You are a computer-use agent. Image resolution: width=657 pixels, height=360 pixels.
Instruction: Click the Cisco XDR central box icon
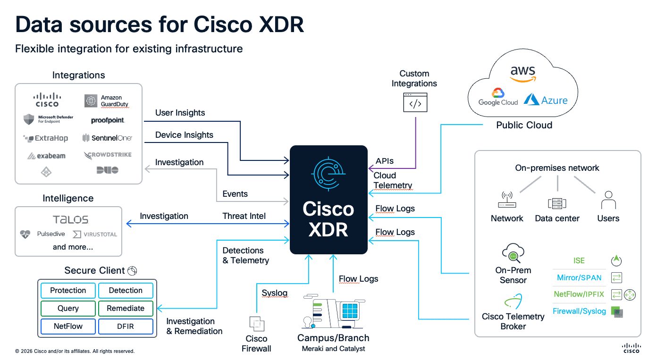pos(328,175)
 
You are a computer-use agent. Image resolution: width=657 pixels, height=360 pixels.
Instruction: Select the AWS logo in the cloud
pos(522,74)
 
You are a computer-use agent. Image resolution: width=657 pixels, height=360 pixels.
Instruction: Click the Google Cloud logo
pos(498,97)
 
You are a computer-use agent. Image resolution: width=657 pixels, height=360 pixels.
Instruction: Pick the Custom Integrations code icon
pos(415,102)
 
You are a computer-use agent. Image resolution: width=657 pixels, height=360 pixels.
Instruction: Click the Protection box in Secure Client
pos(68,291)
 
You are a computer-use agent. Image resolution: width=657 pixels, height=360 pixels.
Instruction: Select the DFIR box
pos(126,327)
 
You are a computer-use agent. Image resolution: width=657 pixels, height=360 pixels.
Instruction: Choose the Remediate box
pos(126,309)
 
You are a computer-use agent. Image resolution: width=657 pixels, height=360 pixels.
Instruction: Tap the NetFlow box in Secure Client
pos(68,327)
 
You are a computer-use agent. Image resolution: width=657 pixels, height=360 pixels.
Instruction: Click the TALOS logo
pos(70,219)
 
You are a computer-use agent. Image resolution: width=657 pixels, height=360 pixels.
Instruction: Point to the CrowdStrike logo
pos(108,155)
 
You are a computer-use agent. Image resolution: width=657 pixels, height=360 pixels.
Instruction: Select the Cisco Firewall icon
pos(257,324)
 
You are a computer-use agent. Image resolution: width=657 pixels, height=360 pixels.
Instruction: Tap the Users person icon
pos(608,201)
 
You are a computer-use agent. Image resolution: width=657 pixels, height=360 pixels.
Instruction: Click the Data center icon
pos(556,203)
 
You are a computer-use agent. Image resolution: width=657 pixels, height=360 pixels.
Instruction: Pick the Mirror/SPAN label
pos(579,277)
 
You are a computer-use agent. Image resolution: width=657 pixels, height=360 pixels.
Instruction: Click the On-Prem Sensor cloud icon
pos(513,254)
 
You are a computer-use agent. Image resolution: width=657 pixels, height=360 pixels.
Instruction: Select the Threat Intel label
pos(244,216)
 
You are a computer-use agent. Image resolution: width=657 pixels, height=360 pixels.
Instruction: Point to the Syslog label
pos(274,293)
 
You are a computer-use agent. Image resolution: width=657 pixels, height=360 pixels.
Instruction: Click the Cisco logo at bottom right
pos(631,348)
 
